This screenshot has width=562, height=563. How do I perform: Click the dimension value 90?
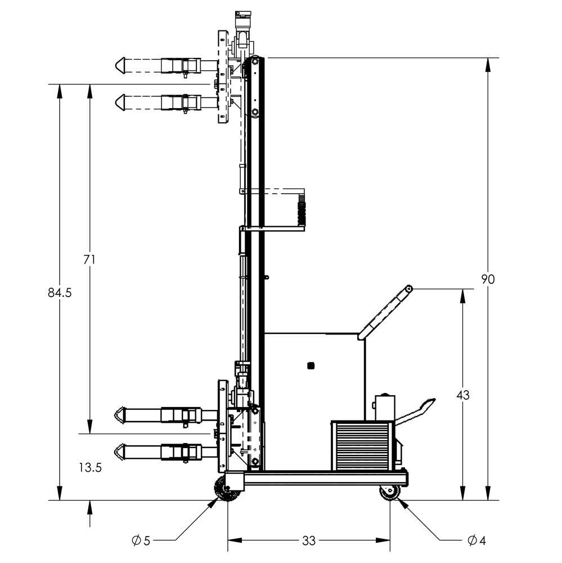pos(488,279)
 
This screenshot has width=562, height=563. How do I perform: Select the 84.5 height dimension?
pos(60,293)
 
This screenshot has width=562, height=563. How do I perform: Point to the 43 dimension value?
pos(462,395)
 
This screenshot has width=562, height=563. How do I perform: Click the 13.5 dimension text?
pos(90,467)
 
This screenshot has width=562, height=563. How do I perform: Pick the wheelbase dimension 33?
pos(308,541)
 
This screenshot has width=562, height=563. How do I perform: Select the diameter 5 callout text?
pos(141,541)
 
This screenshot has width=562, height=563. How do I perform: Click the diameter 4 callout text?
pos(476,541)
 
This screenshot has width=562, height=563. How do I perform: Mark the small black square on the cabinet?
pos(311,366)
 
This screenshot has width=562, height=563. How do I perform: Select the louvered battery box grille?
pos(361,445)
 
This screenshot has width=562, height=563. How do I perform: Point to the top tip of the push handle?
pos(409,289)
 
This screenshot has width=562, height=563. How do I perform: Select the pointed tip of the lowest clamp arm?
pos(119,451)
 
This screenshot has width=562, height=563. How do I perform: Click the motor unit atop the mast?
pos(242,23)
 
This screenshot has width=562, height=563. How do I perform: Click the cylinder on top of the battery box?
pos(384,406)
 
